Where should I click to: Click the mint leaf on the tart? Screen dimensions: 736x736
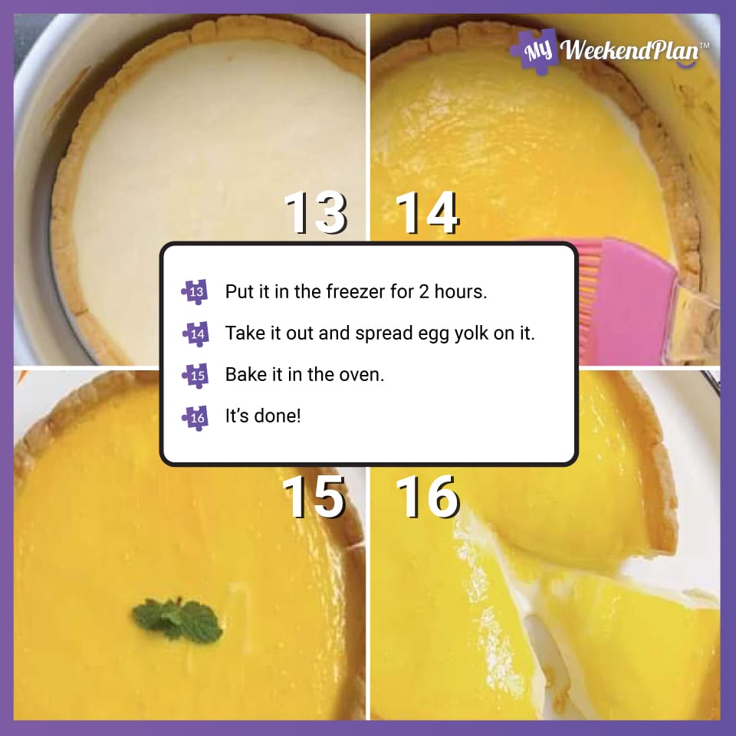178,619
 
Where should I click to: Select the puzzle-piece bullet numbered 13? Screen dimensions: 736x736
195,291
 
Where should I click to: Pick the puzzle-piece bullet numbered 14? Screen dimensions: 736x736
195,333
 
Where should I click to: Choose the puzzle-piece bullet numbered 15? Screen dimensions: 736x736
195,375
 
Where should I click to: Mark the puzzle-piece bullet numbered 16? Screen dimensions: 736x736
195,417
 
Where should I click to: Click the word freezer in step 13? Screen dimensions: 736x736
367,292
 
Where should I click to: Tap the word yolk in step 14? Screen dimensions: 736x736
477,334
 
